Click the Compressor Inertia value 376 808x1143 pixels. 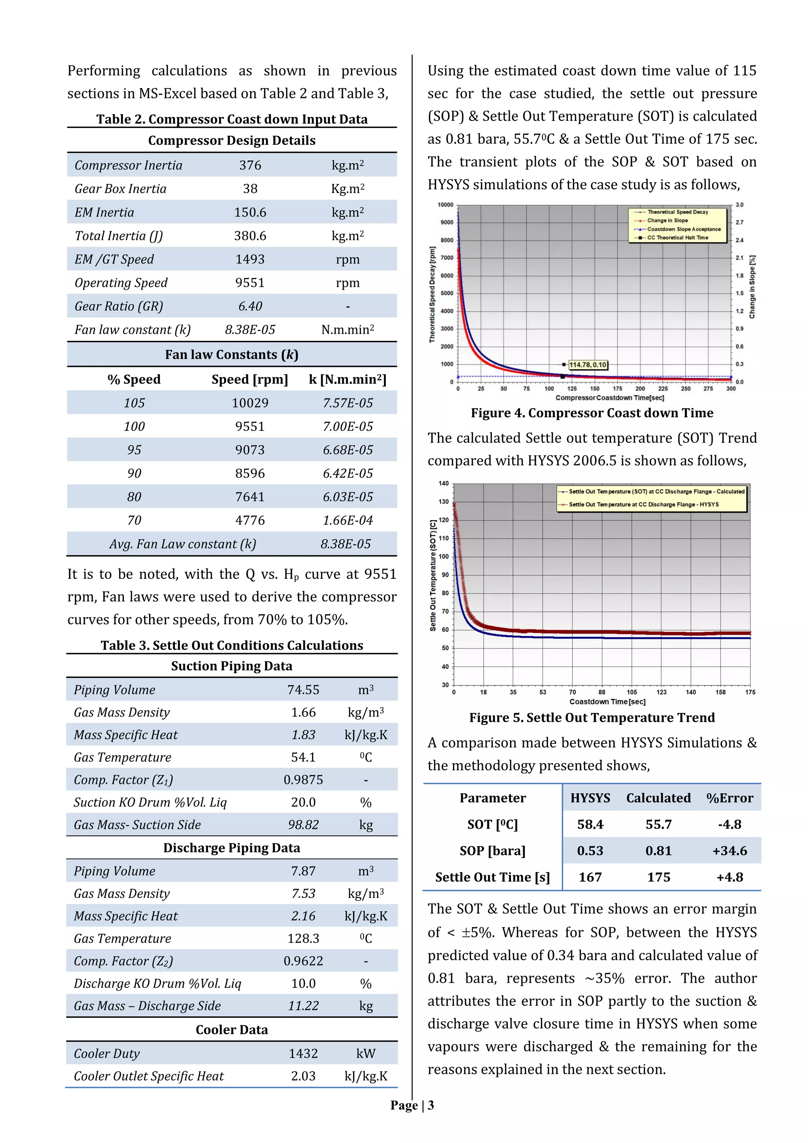(x=250, y=165)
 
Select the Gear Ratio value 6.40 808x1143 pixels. (x=250, y=306)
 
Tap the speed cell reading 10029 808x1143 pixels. (x=250, y=403)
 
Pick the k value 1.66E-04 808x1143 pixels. (x=347, y=520)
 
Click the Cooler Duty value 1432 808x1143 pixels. (x=303, y=1053)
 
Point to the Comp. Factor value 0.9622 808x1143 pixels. (x=303, y=961)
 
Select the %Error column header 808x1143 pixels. (x=729, y=798)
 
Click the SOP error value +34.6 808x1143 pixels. (x=729, y=851)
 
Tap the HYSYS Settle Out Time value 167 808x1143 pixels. (x=590, y=877)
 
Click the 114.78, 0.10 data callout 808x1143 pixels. (x=587, y=365)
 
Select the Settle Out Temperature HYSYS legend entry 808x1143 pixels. (x=643, y=504)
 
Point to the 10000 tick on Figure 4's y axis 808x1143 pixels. (x=445, y=205)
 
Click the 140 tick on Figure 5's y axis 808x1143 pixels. (x=443, y=483)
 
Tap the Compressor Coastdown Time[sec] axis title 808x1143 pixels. (x=610, y=398)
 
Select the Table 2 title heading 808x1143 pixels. (x=232, y=119)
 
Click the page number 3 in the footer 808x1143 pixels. (x=431, y=1105)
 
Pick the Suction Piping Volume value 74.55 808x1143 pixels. (x=303, y=689)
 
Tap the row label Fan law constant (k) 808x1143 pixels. (x=132, y=330)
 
